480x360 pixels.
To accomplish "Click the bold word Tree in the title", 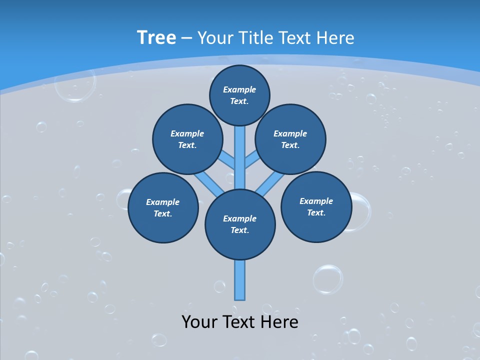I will point(156,37).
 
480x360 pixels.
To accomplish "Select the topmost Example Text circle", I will point(239,95).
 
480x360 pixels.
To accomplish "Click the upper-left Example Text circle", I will point(187,139).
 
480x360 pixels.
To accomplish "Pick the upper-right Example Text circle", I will point(290,139).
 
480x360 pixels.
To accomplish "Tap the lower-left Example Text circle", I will point(163,208).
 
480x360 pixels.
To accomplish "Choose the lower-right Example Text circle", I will point(316,207).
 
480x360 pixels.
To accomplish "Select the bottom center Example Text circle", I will point(240,224).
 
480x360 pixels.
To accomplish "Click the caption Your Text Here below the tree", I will point(240,321).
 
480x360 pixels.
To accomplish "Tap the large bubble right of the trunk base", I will point(328,279).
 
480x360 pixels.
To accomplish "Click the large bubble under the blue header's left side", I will point(75,85).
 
